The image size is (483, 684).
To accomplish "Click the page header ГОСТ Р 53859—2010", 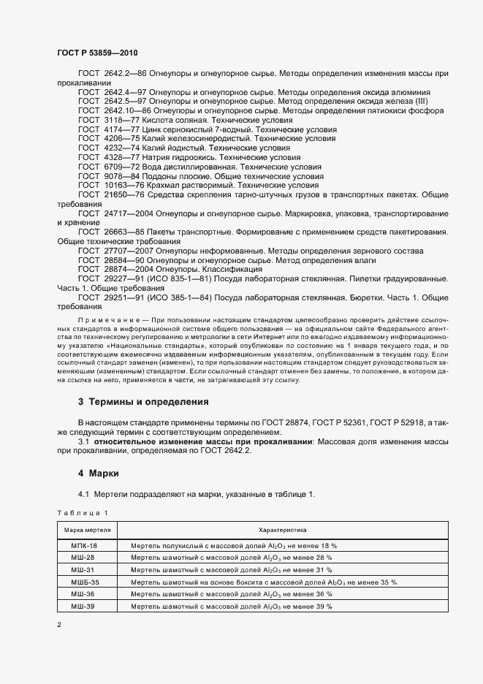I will coord(96,53).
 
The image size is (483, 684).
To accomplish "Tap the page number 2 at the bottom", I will coord(59,626).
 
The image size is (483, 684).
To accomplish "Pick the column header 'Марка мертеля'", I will coord(87,529).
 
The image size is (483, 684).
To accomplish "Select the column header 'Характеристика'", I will coord(282,529).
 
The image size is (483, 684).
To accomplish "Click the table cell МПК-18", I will coord(83,546).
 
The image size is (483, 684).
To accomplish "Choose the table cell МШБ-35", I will coord(85,582).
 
